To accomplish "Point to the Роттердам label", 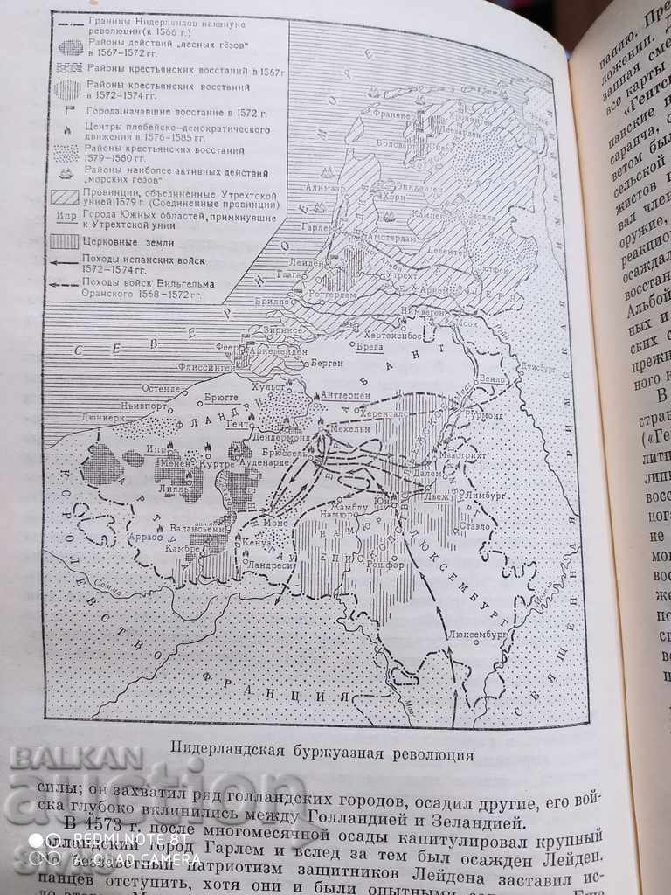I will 349,293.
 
